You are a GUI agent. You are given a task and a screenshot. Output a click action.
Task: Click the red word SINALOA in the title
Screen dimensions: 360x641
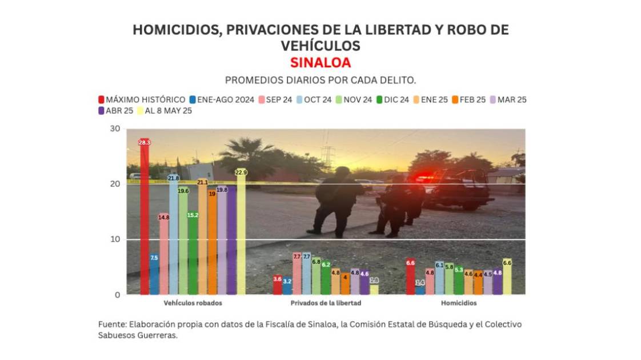pos(320,62)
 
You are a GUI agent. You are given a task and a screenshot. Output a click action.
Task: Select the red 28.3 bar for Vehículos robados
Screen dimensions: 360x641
pos(145,217)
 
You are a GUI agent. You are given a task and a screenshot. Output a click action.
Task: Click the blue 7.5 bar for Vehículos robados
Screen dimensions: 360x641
pos(154,274)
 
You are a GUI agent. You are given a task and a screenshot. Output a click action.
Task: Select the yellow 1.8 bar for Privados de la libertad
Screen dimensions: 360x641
pos(374,289)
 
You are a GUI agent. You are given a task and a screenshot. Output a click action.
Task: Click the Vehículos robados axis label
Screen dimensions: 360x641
pos(193,303)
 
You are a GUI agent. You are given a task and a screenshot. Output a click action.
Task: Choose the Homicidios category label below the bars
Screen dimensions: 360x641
pos(459,303)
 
